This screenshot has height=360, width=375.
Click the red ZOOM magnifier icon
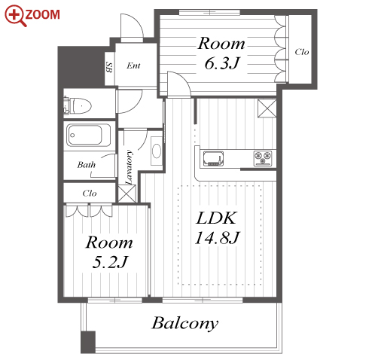(16, 16)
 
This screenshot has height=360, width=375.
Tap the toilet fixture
(78, 105)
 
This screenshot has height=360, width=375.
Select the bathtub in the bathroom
(88, 136)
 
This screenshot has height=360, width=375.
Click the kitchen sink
(213, 158)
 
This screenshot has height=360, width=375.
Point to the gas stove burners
(263, 158)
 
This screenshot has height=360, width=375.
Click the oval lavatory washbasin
(157, 151)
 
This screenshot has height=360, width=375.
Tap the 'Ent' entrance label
(133, 66)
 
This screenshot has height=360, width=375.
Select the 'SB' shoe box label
(109, 67)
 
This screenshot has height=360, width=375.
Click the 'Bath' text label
(87, 165)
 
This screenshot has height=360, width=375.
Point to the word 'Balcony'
(185, 323)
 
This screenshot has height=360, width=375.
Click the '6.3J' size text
(222, 63)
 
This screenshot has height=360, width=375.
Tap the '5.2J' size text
(110, 262)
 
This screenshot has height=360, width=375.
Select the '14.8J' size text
(218, 237)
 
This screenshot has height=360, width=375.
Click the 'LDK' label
(216, 218)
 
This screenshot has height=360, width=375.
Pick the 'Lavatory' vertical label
(129, 167)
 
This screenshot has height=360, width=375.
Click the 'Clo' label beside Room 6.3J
(302, 52)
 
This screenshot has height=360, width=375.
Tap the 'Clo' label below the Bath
(90, 193)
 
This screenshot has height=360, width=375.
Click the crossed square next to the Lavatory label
(127, 194)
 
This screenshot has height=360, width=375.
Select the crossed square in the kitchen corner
(267, 108)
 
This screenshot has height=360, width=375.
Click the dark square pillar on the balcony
(88, 342)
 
